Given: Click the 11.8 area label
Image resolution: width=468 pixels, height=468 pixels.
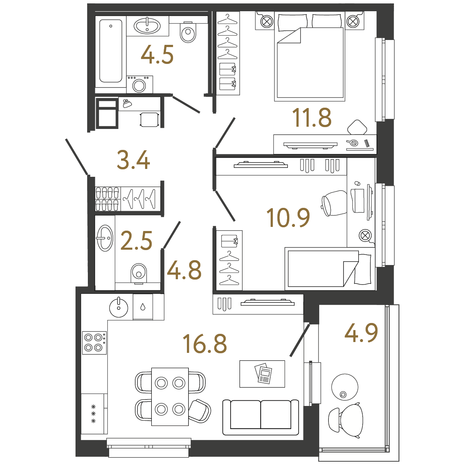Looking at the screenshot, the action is pyautogui.click(x=312, y=118).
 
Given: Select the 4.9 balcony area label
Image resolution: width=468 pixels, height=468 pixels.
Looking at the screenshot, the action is pyautogui.click(x=361, y=333).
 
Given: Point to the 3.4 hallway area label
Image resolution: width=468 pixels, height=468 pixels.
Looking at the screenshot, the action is pyautogui.click(x=133, y=160).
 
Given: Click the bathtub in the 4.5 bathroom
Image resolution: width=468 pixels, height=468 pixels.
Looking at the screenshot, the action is pyautogui.click(x=111, y=51).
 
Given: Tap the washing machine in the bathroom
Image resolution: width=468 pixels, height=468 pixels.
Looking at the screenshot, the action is pyautogui.click(x=140, y=84).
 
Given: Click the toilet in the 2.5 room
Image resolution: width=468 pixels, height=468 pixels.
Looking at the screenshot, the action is pyautogui.click(x=139, y=274).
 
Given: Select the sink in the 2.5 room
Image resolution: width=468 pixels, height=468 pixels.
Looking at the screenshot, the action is pyautogui.click(x=105, y=238).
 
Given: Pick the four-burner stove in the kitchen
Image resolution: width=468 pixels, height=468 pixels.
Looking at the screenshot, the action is pyautogui.click(x=94, y=343).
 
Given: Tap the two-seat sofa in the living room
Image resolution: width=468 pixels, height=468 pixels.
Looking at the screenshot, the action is pyautogui.click(x=261, y=417).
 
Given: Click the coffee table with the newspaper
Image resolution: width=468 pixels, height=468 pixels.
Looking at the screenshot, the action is pyautogui.click(x=262, y=374).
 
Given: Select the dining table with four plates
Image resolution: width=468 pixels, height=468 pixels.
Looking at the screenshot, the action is pyautogui.click(x=170, y=397).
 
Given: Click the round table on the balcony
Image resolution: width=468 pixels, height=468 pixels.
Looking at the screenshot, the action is pyautogui.click(x=345, y=387).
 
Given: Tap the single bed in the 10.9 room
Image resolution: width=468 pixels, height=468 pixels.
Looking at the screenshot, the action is pyautogui.click(x=330, y=269).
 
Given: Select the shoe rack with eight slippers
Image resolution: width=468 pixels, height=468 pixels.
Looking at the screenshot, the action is pyautogui.click(x=107, y=199).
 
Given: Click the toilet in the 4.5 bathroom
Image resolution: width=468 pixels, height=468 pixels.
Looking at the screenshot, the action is pyautogui.click(x=188, y=32).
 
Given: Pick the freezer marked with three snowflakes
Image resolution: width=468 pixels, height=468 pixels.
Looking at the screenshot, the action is pyautogui.click(x=94, y=414).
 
